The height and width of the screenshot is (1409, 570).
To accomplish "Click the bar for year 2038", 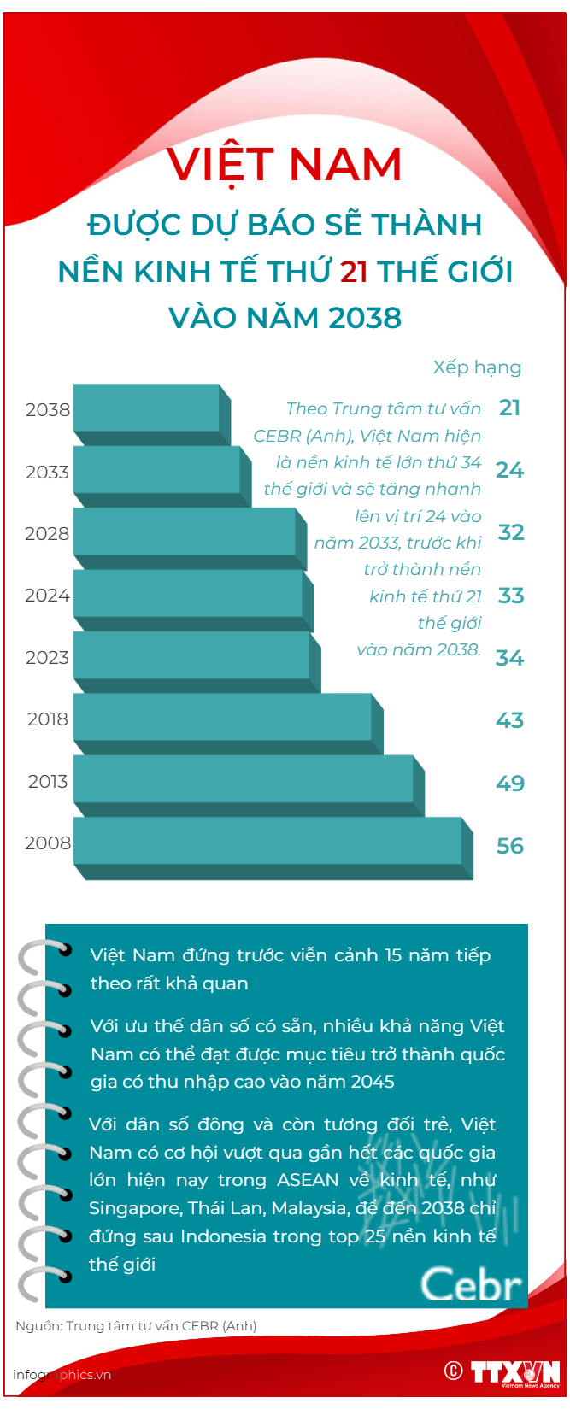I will click(x=147, y=408).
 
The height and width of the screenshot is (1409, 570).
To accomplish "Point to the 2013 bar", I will click(x=244, y=779).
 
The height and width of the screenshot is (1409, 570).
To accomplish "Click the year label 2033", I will click(x=47, y=473).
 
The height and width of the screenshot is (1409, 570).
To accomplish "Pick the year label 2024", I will click(x=47, y=596).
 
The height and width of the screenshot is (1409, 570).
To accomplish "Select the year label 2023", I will click(x=47, y=658).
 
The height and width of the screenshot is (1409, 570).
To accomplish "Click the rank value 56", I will click(x=510, y=846).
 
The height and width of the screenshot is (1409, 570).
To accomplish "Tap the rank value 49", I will click(x=510, y=784).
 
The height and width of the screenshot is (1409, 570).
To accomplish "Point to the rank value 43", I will click(x=510, y=720).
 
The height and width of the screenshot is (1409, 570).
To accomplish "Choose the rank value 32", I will click(x=511, y=532).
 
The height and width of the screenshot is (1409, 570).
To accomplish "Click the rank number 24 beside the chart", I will click(x=510, y=470).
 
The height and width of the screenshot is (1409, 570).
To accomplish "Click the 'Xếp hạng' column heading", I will click(x=477, y=367).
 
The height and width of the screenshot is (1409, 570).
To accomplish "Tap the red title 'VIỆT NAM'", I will click(x=285, y=165).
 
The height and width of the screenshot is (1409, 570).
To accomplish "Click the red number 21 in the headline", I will click(x=354, y=272).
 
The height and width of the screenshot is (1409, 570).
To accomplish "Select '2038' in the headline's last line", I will click(x=365, y=318).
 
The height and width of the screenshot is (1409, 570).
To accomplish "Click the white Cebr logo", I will click(x=471, y=1285).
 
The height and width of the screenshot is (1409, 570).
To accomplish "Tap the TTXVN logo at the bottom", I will click(x=515, y=1372).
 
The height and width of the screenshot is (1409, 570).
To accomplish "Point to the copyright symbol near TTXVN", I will click(x=454, y=1371).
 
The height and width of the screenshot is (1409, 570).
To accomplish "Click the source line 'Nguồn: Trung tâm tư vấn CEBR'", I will click(x=136, y=1326).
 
